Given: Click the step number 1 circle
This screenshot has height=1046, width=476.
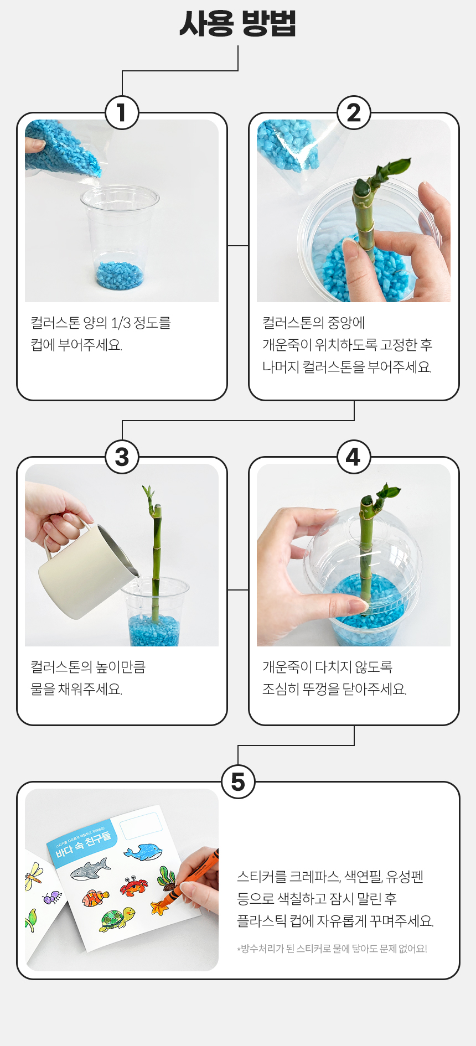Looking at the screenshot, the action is [122, 113].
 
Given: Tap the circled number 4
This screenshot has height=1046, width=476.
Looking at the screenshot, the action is [354, 457].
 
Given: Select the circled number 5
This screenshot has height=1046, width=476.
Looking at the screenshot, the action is [238, 782].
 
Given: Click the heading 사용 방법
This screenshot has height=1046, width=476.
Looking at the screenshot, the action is [238, 23].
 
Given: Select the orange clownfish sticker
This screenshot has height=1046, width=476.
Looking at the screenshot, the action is [95, 897].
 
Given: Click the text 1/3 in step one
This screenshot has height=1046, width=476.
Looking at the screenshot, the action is [122, 323].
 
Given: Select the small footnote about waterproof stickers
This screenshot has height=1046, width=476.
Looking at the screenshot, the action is [332, 949].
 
